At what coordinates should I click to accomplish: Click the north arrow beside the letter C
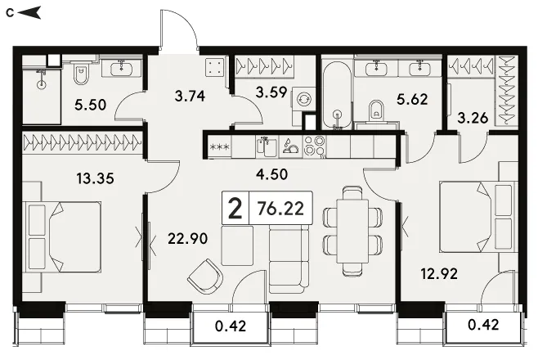click(29, 13)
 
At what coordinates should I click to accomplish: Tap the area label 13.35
click(95, 178)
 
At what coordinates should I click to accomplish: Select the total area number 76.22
click(280, 209)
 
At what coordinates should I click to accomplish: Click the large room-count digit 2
click(235, 209)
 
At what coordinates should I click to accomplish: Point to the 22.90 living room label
click(188, 238)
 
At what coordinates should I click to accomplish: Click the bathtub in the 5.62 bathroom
click(338, 95)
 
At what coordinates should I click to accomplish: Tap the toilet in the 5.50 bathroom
click(81, 74)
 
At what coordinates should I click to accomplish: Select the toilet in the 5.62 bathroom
click(376, 110)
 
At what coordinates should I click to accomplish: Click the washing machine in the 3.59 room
click(303, 99)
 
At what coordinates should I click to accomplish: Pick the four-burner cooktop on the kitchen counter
click(315, 146)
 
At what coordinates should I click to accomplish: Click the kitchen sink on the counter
click(267, 146)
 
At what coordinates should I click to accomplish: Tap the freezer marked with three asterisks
click(220, 147)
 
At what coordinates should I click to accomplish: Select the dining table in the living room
click(352, 231)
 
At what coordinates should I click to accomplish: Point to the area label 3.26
click(473, 118)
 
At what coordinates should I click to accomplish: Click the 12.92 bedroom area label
click(439, 273)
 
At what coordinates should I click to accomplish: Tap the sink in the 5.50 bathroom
click(122, 69)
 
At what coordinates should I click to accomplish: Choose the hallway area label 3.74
click(190, 96)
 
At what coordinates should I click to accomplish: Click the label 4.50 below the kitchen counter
click(271, 174)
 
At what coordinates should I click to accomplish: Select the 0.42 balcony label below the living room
click(231, 326)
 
